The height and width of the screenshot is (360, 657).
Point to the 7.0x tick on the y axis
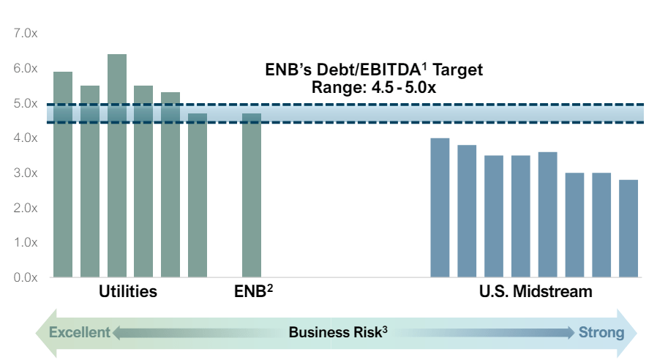[25, 34]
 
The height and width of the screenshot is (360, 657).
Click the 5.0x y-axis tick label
[25, 103]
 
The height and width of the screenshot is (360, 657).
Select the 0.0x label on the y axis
[25, 277]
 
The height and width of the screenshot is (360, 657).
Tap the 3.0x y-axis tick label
[25, 173]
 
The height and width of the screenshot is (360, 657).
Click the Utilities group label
[128, 292]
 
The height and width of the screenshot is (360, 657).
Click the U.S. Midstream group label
[535, 292]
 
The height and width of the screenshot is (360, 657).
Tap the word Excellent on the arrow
[79, 333]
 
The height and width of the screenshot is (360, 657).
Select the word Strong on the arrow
[601, 333]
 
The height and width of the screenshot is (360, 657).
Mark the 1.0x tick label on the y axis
[25, 242]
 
